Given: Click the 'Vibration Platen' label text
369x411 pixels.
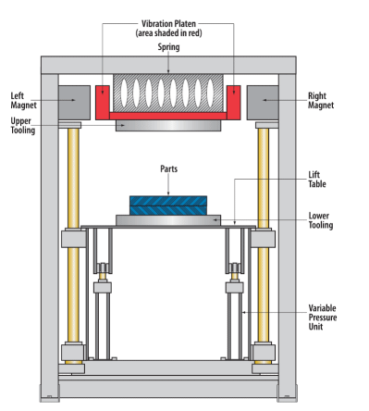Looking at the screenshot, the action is coord(168,24).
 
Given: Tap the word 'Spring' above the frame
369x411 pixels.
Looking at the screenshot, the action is coord(168,47).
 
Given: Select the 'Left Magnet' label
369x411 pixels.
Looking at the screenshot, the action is coord(23,101).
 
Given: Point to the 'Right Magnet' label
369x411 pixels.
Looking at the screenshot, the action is coord(321,101).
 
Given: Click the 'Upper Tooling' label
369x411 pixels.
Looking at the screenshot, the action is coord(23,126).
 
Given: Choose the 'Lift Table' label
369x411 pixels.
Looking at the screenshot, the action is coord(317,180).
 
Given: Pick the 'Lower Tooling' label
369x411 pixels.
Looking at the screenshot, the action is coord(321,220).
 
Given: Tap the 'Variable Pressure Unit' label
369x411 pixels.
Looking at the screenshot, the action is coord(323,318).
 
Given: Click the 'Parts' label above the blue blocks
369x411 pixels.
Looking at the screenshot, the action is coord(169,168).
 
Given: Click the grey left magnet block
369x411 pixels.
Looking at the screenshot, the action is coord(74,103).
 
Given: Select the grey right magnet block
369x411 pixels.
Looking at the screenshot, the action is coord(263,103).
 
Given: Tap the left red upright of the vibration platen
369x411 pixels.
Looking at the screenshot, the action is coord(103,103).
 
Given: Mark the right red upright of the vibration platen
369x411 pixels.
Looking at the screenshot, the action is coord(234,103).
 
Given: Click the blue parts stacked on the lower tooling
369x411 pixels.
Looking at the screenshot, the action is coord(168,205).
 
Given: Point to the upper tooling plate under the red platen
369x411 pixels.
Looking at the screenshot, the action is coord(168,126).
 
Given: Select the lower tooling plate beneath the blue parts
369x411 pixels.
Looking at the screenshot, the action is coord(168,220).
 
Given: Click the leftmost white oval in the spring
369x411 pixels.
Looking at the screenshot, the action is coord(124,93).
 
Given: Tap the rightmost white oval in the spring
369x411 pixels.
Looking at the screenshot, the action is coord(210,93).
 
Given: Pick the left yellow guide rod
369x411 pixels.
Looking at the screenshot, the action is coord(73,235).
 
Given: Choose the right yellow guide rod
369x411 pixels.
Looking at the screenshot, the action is coord(264,235).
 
